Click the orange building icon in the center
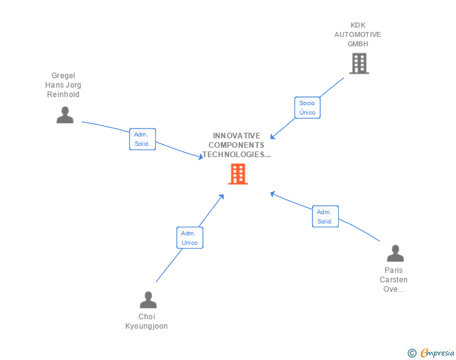coord(238,174)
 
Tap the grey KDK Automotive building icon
coord(359,63)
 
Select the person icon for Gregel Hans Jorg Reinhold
coord(65,115)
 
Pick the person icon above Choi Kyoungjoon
coord(148,300)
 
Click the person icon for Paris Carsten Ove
coord(395,254)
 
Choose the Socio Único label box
coord(307,108)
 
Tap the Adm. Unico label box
coord(189,238)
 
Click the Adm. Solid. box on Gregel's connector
coord(142,139)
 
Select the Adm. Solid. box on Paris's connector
coord(325,217)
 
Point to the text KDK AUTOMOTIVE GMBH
coord(358,34)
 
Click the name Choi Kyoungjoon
coord(147,321)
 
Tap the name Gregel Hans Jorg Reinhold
coord(63,85)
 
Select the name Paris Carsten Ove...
coord(395,280)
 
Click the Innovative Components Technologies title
coord(237,145)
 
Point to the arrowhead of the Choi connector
coord(222,196)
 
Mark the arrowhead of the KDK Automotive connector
coord(272,137)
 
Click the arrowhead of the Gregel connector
coord(201,157)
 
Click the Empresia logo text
coord(437,352)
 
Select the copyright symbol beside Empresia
coord(412,353)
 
